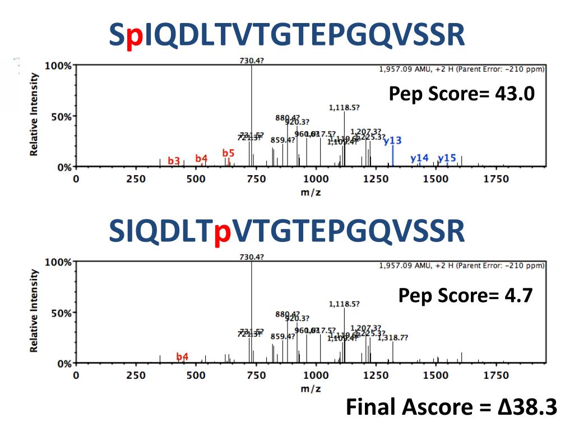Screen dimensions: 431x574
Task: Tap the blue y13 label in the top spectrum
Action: pos(392,140)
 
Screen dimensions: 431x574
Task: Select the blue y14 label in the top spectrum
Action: pos(419,158)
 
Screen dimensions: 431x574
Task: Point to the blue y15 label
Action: pos(447,158)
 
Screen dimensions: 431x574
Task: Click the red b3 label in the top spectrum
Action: pos(174,161)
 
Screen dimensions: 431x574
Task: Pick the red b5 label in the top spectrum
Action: pos(228,153)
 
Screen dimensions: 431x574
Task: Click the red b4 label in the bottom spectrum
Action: pos(182,356)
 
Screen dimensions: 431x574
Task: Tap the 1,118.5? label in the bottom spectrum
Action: pos(344,304)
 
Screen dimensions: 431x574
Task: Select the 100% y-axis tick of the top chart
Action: pos(58,66)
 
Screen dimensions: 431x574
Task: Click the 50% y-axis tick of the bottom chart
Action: pos(60,313)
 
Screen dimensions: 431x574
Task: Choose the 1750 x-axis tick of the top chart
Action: pos(496,179)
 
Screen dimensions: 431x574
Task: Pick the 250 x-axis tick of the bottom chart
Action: pos(136,375)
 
